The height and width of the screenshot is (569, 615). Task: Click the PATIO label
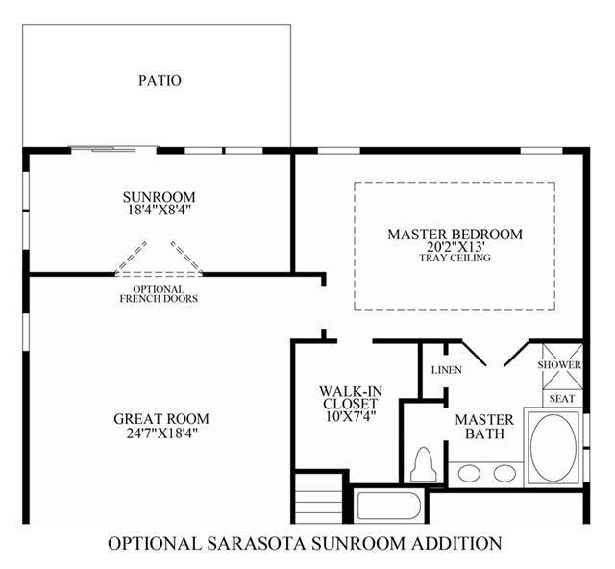160,80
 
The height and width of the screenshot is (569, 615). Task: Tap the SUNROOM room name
159,197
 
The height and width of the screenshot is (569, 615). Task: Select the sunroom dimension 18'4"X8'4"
159,210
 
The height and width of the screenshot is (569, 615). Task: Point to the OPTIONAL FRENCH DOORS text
159,294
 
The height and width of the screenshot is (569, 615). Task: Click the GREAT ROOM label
161,419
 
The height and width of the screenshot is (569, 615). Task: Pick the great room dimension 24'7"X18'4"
161,433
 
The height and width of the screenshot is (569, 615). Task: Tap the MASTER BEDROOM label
455,235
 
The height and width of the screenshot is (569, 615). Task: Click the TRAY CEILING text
455,258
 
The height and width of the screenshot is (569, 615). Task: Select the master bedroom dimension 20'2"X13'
455,247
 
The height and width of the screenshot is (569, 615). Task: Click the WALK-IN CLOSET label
351,397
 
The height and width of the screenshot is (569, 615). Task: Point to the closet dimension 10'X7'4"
351,416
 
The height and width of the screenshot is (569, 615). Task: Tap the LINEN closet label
446,370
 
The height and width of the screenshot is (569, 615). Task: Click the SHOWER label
559,365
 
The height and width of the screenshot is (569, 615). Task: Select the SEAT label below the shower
561,399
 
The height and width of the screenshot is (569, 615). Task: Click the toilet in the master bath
424,464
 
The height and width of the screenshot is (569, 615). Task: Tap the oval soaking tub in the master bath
553,447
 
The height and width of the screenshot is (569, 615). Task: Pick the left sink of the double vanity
469,473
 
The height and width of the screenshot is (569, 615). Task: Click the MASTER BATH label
484,427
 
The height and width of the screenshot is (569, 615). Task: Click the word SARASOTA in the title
258,544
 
